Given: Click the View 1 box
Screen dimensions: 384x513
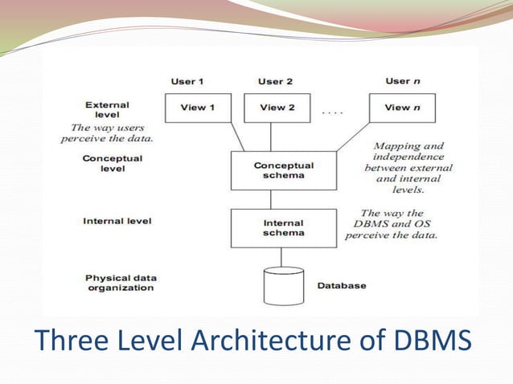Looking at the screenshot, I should pos(198,108).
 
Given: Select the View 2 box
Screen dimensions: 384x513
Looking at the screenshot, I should pos(277,108).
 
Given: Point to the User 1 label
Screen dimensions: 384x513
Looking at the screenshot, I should pos(187,81).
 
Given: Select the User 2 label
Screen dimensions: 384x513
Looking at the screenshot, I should pos(275,81).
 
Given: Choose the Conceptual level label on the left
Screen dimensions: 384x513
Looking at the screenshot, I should pos(112,164).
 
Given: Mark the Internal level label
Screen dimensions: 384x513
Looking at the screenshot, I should pos(117,221).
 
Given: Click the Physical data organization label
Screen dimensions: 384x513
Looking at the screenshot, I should pos(120,283).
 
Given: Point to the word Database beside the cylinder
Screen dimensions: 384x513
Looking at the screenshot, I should pos(341,285).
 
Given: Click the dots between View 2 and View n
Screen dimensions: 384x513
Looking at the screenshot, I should pos(332,113).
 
